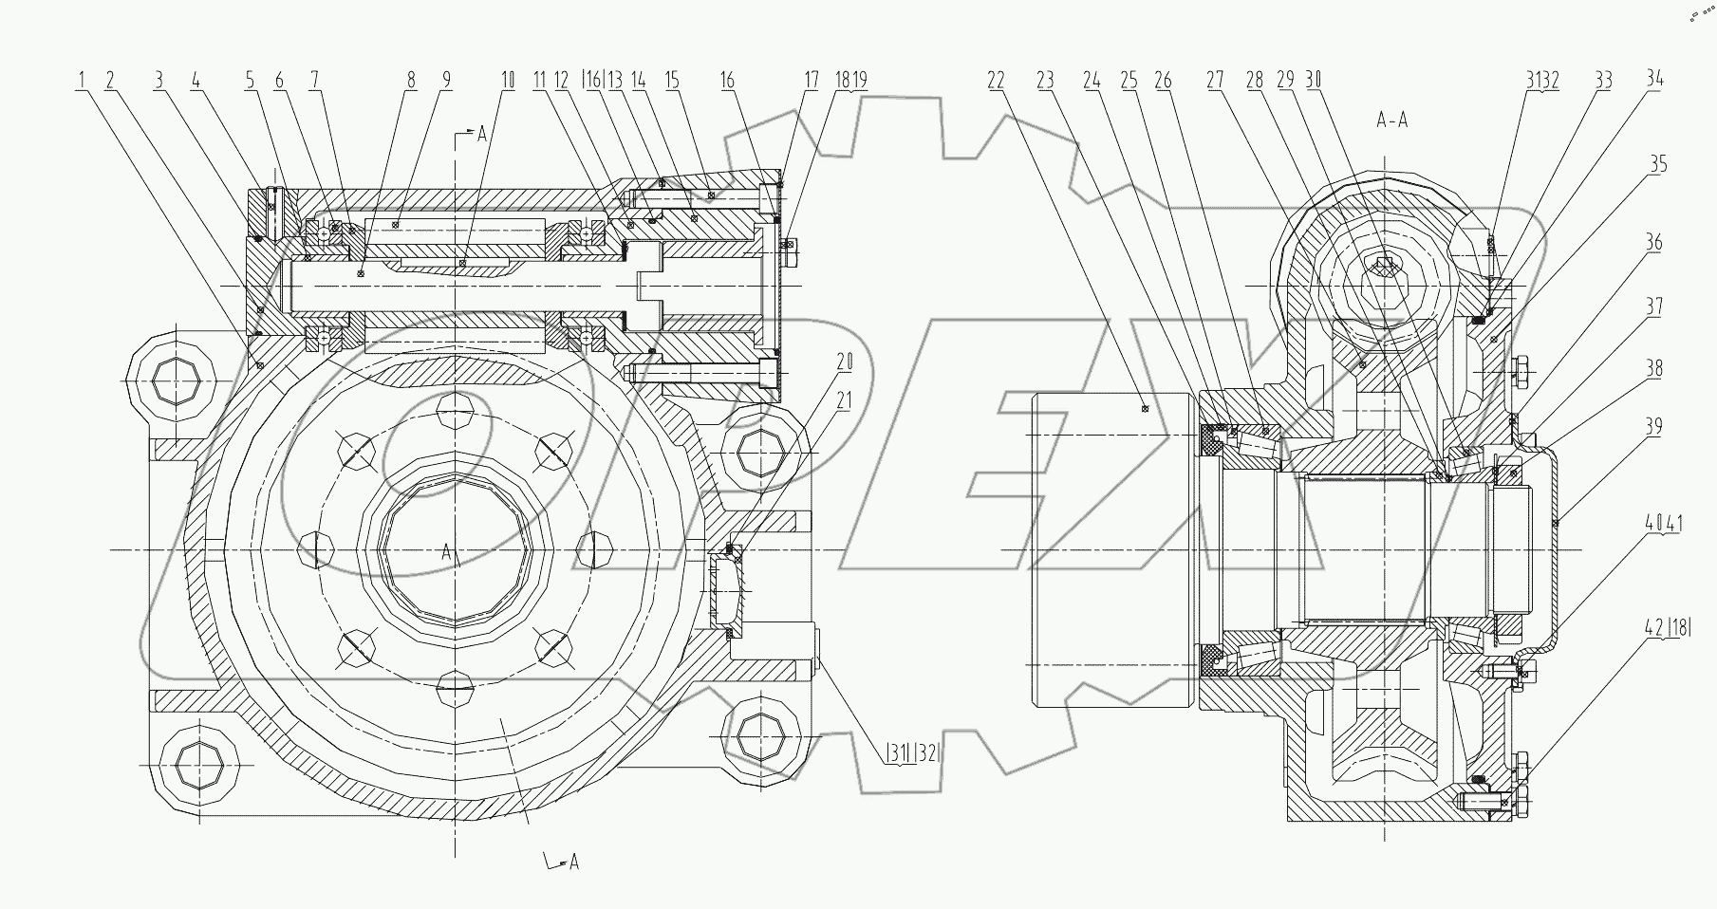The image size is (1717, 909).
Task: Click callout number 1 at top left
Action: pyautogui.click(x=83, y=82)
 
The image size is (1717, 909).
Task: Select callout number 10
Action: pyautogui.click(x=508, y=82)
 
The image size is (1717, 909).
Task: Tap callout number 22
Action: pyautogui.click(x=996, y=82)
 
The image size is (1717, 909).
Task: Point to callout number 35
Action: pyautogui.click(x=1656, y=165)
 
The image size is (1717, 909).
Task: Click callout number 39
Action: pyautogui.click(x=1653, y=428)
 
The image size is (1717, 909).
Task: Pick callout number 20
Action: pyautogui.click(x=844, y=362)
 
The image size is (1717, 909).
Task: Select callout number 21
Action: pyautogui.click(x=844, y=401)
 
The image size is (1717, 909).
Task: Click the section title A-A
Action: pyautogui.click(x=1391, y=121)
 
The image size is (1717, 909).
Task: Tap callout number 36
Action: pyautogui.click(x=1653, y=243)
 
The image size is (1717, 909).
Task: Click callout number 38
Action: pyautogui.click(x=1653, y=369)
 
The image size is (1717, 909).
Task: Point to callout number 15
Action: pyautogui.click(x=672, y=82)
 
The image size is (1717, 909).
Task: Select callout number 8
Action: pyautogui.click(x=411, y=82)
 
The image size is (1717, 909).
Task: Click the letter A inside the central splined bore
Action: pyautogui.click(x=447, y=552)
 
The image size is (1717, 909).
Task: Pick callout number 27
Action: pyautogui.click(x=1214, y=82)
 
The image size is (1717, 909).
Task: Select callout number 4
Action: pyautogui.click(x=196, y=82)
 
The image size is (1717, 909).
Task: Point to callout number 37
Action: pyautogui.click(x=1653, y=307)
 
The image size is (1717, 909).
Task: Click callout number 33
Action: pyautogui.click(x=1603, y=82)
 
